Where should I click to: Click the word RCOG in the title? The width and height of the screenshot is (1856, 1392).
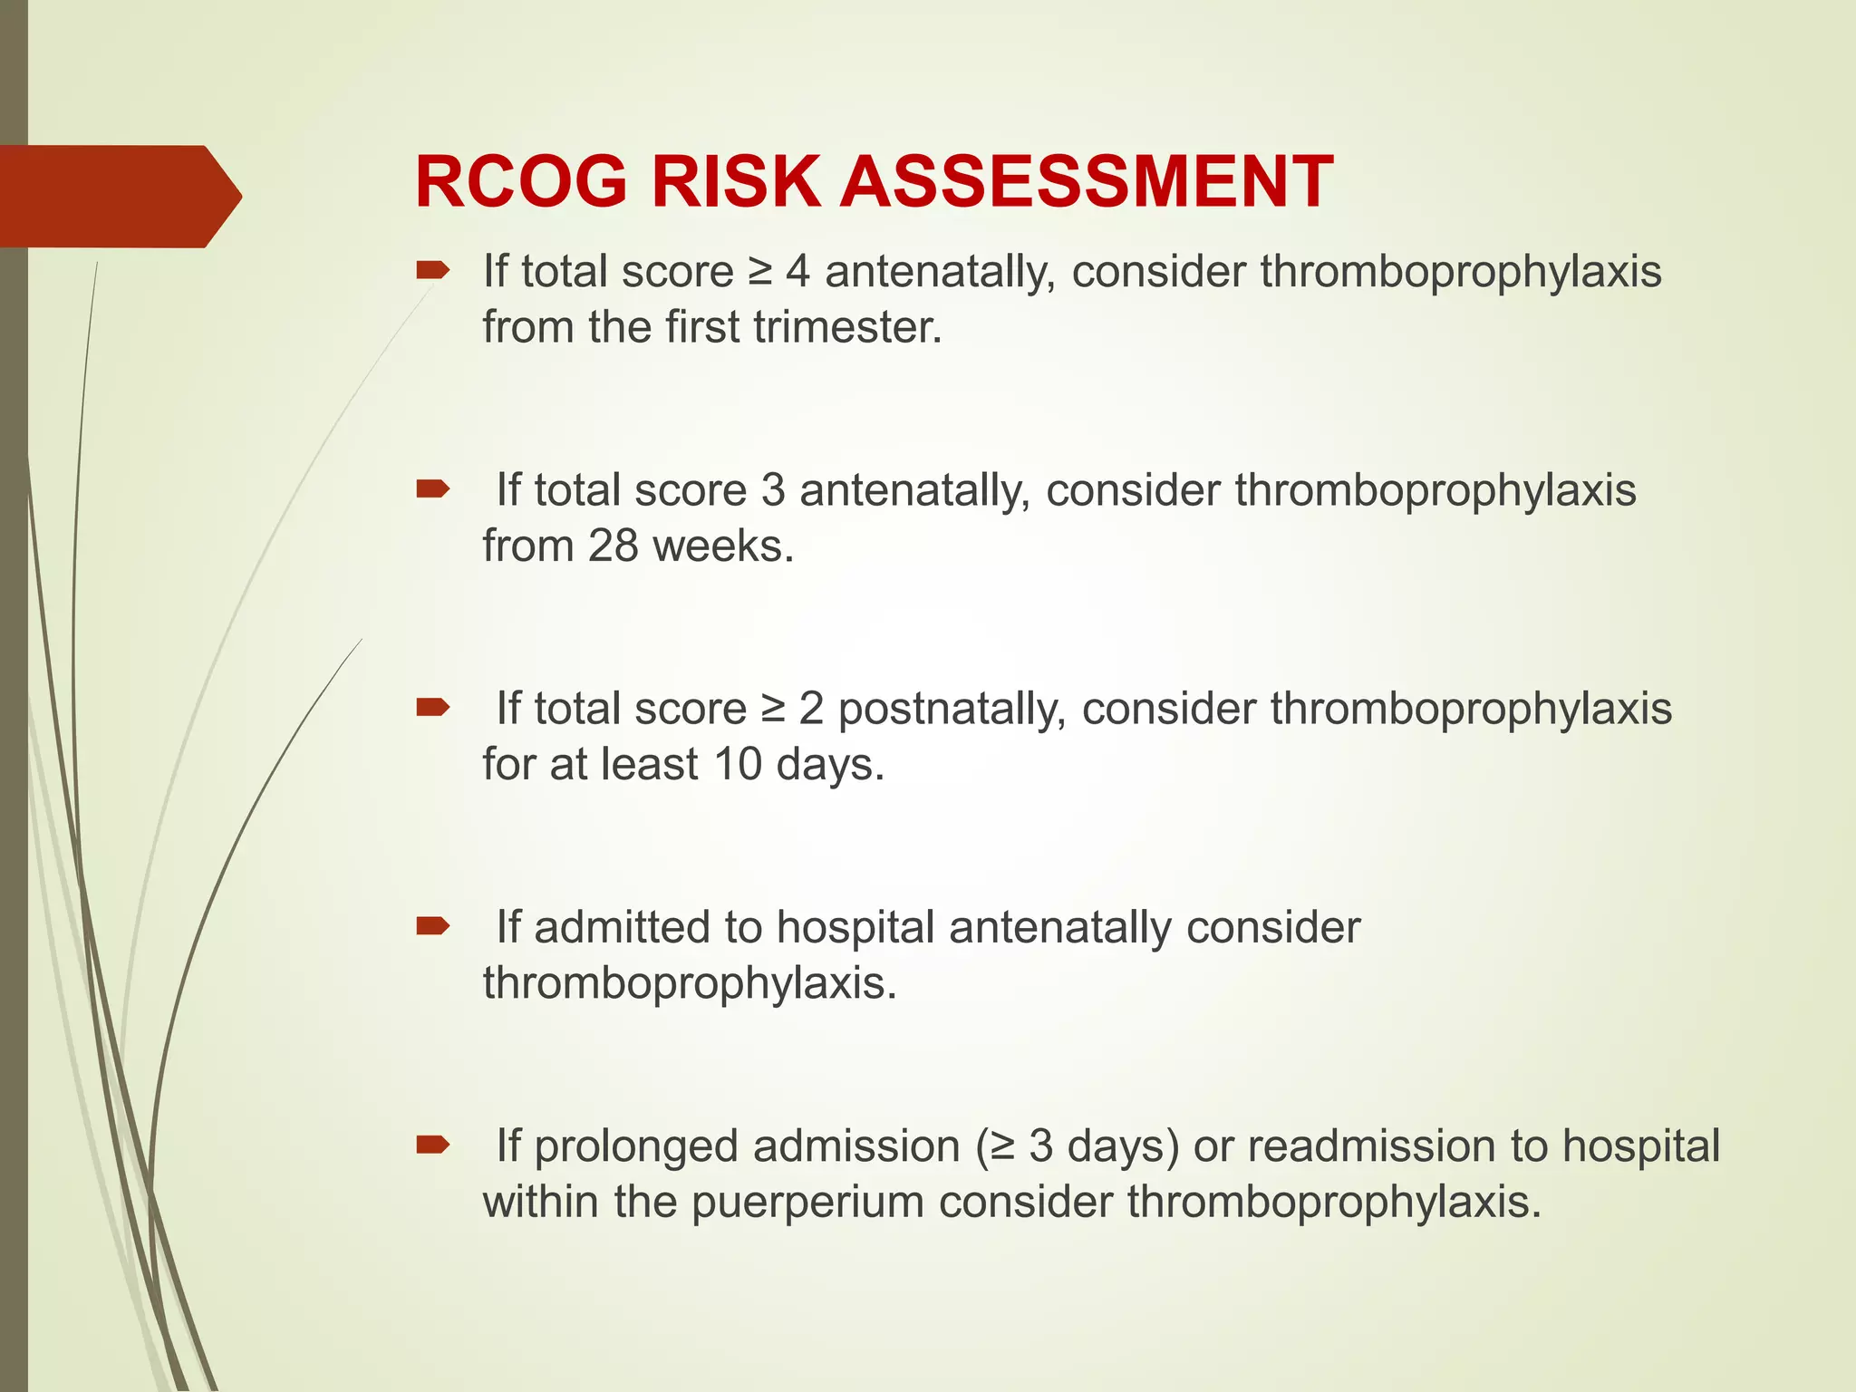pos(520,182)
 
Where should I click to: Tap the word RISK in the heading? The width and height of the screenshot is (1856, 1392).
pos(735,182)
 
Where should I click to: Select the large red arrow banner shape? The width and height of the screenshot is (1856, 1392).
pos(118,196)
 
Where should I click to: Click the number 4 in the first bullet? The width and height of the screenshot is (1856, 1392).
pos(797,272)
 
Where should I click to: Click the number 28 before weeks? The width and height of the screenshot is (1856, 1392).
pos(614,546)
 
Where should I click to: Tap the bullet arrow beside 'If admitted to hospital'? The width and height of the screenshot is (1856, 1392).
pos(432,926)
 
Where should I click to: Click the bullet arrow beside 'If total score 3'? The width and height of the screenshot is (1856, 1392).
pos(432,490)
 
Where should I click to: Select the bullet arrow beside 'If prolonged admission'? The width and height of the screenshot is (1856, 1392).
pos(432,1145)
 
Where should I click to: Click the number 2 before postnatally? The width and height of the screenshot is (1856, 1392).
pos(811,710)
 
